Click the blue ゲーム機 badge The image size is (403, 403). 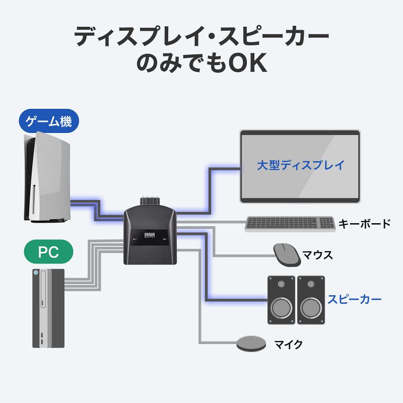coord(49,121)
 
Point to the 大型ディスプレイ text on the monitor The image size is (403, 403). coord(300,165)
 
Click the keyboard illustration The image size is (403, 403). coord(290,224)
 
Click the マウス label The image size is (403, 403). coord(317,255)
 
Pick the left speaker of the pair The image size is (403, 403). coord(281,300)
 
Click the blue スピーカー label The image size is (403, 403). coord(354,299)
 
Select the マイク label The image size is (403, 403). coord(288,345)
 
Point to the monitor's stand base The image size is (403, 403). coord(300,201)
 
